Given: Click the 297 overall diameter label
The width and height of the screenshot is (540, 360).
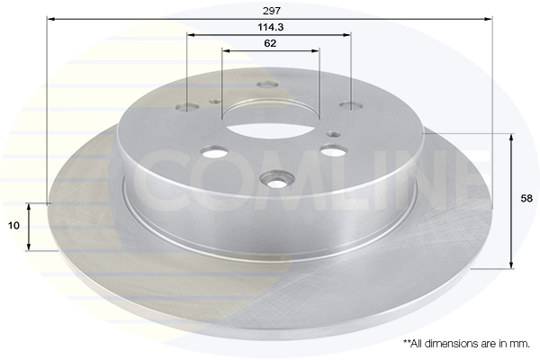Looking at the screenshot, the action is [272, 11].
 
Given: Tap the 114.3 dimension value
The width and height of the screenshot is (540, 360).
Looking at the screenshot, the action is [270, 27].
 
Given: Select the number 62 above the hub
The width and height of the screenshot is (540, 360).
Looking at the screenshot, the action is [270, 43].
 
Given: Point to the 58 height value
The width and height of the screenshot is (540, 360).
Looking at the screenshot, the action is [526, 198].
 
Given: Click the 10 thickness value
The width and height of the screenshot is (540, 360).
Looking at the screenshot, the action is [13, 226].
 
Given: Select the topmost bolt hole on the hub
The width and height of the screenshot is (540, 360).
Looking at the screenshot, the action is [268, 84].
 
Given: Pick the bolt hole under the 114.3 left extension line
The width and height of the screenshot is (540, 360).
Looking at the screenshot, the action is [186, 107].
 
